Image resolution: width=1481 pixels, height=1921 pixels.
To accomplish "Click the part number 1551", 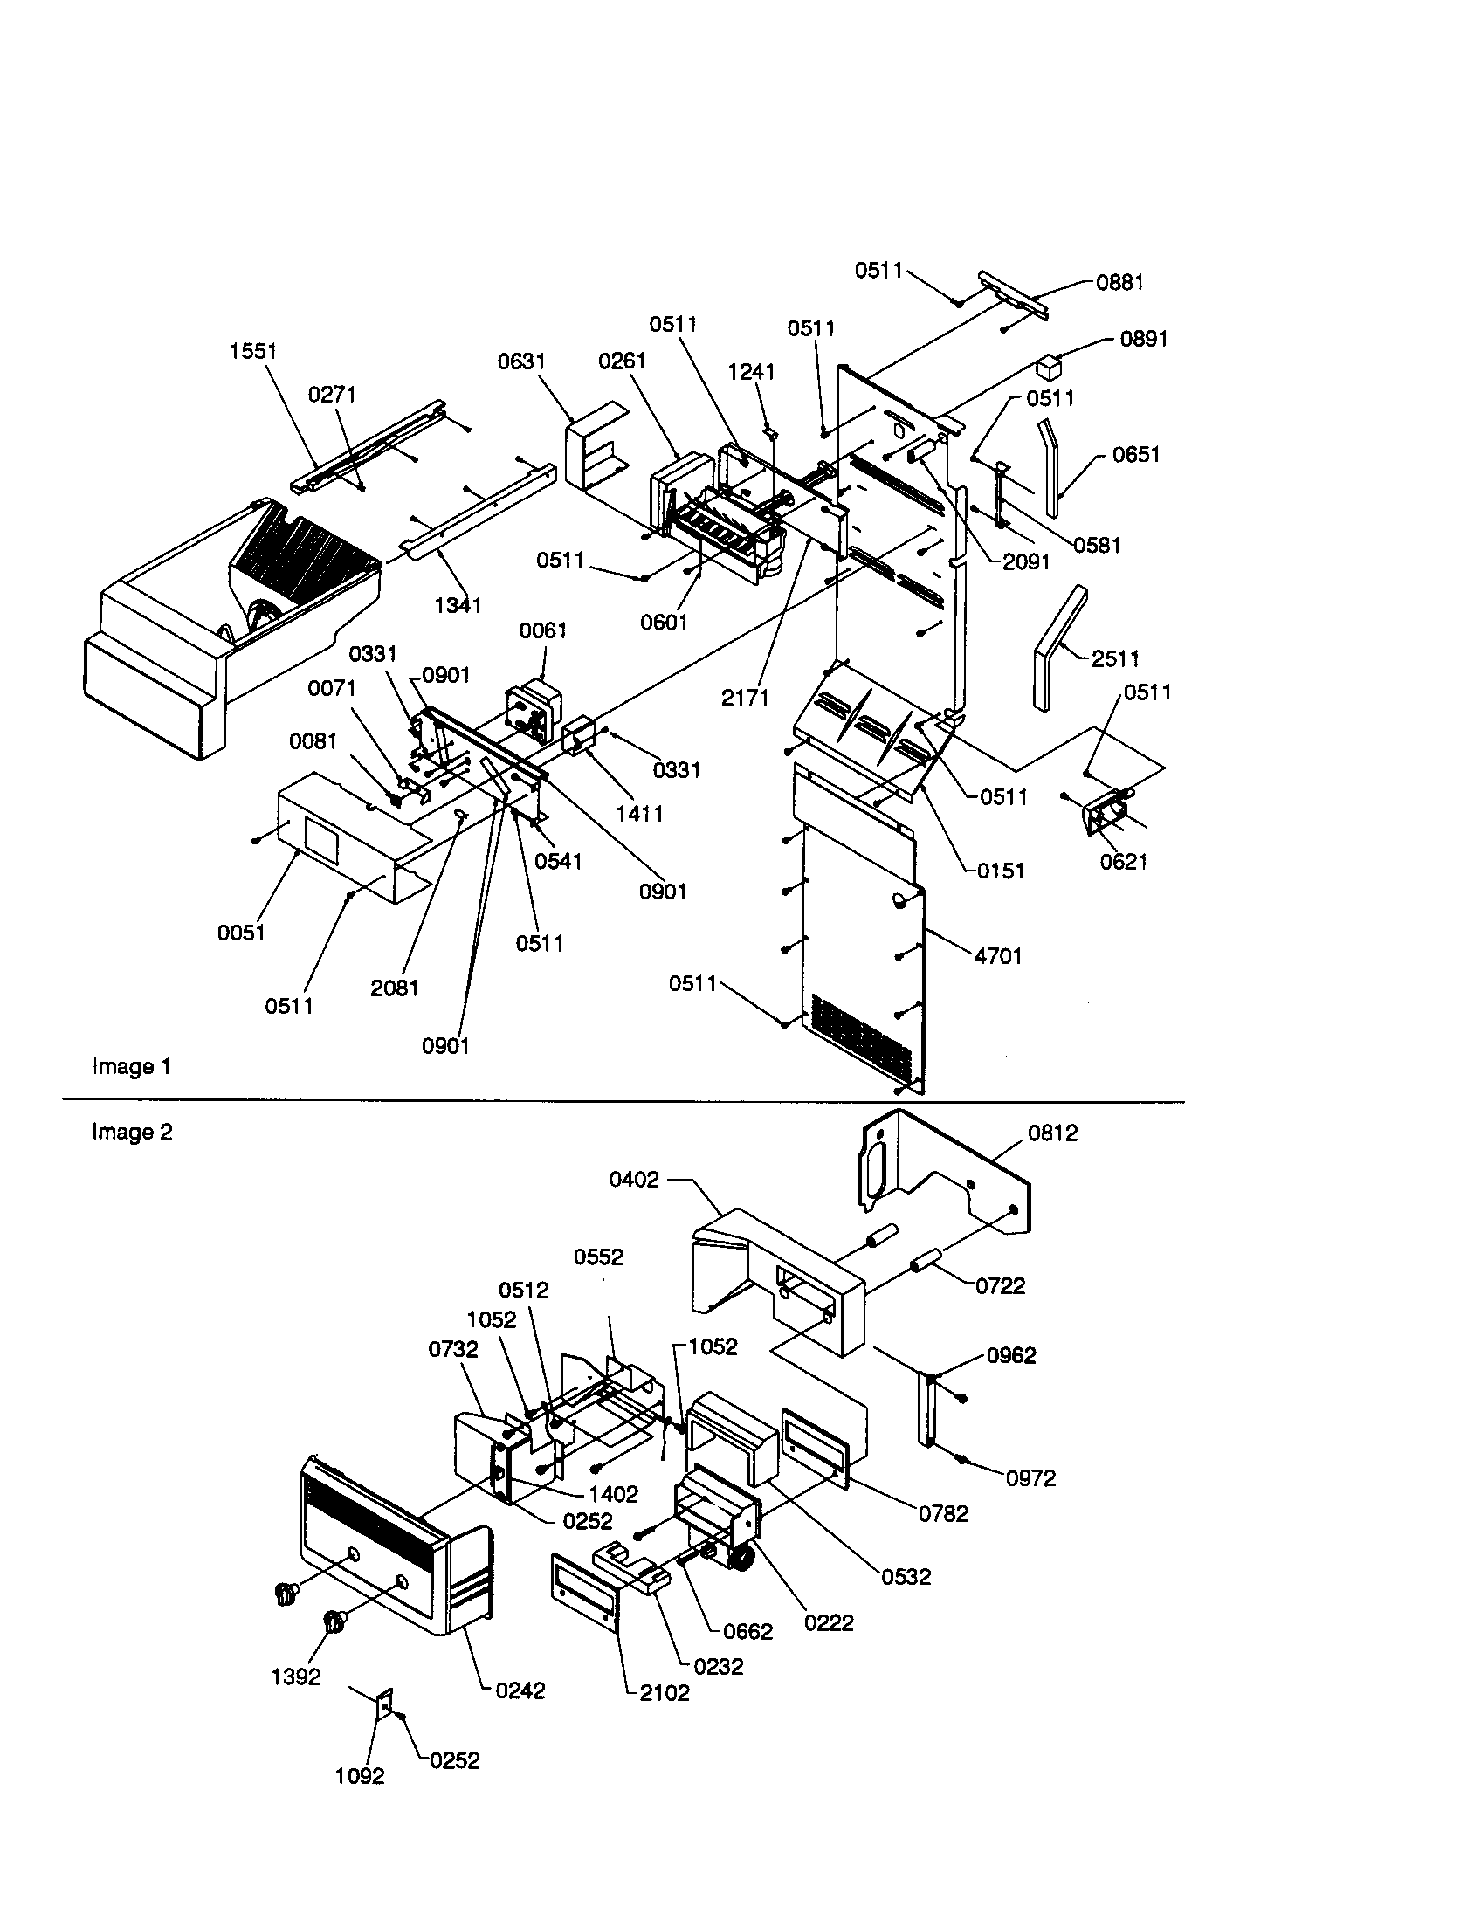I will (253, 351).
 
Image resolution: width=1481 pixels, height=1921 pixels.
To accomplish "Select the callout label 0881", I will (1119, 282).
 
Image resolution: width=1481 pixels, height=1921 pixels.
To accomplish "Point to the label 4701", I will (998, 956).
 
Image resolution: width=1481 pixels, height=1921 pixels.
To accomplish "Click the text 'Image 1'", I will (132, 1067).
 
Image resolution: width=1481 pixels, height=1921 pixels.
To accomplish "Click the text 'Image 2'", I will (132, 1132).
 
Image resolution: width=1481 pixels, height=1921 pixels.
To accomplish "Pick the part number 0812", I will (1053, 1133).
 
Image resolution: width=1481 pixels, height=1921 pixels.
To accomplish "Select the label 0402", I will (634, 1180).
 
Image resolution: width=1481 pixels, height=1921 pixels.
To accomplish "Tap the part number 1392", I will (295, 1677).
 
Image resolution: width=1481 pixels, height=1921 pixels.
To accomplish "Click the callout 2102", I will (665, 1693).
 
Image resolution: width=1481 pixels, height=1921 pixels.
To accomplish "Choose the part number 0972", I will (1030, 1478).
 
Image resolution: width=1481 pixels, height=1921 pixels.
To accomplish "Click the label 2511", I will (1115, 658).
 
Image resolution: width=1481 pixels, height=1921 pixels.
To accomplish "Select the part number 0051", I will (242, 933).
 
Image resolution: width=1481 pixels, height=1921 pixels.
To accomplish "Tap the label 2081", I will (394, 988).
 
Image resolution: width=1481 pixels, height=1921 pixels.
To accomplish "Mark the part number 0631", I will (521, 361).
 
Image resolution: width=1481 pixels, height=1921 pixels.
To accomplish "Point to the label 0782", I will (943, 1514).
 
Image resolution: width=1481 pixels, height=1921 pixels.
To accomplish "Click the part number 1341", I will (458, 605).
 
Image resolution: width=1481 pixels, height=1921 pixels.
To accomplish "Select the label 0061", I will (542, 630).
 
